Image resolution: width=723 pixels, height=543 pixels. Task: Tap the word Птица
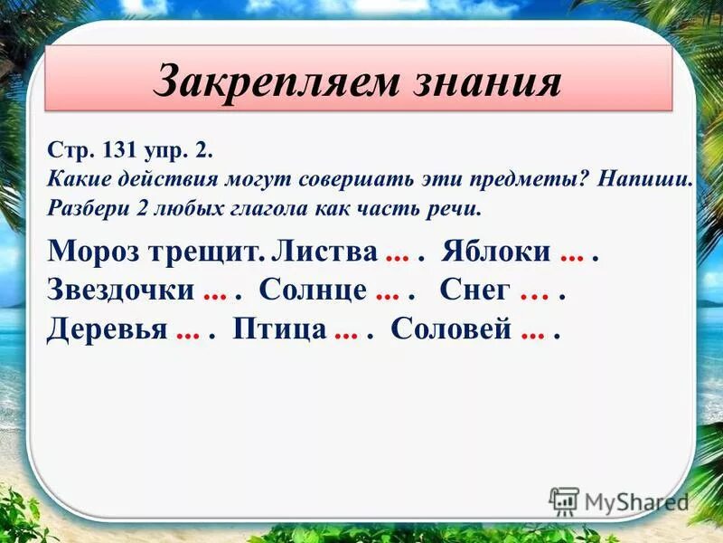click(x=279, y=329)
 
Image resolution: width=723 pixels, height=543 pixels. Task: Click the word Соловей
click(x=452, y=329)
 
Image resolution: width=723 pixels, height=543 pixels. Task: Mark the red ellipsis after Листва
click(x=398, y=253)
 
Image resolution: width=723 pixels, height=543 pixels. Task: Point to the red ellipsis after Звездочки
click(x=215, y=292)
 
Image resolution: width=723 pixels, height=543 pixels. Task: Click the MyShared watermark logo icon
click(x=564, y=500)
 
